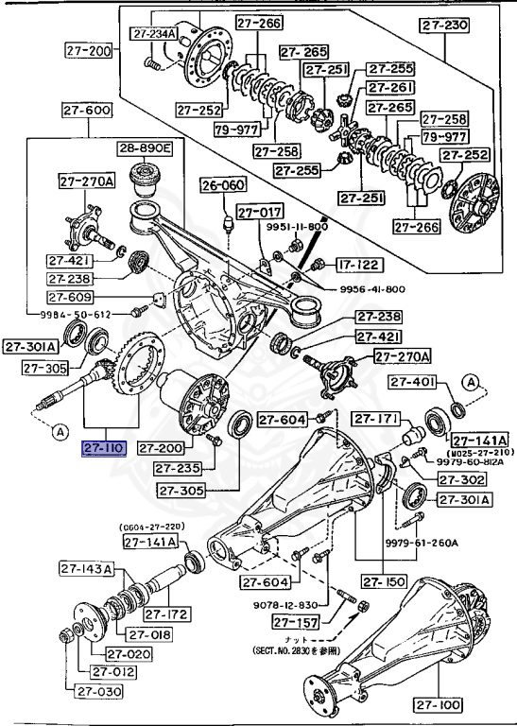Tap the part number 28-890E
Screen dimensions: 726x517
click(145, 148)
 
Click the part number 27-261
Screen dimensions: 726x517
click(389, 88)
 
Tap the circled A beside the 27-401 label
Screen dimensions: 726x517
click(469, 381)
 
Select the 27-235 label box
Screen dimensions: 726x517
click(180, 468)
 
